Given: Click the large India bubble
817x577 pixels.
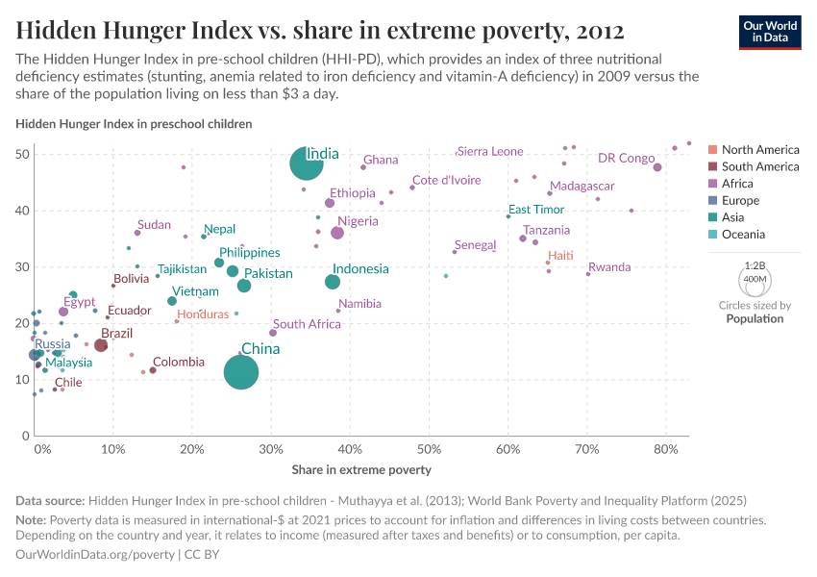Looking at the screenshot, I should point(306,163).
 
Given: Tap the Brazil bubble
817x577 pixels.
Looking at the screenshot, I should point(101,345).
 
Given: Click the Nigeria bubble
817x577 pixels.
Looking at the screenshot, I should point(337,233).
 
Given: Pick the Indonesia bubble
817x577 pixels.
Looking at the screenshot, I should point(333,282).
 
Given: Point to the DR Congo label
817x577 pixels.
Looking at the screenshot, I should point(626,158).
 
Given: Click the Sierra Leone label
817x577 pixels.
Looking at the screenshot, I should point(490,151).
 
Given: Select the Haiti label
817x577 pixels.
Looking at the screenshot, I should point(560,255).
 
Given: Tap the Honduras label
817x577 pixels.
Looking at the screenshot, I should point(204,314).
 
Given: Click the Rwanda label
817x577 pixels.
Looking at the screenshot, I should point(609,267).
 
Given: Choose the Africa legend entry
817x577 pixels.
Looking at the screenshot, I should point(739,184).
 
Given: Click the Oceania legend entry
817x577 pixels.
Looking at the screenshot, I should point(745,235).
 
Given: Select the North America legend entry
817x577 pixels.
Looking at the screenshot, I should point(759,149).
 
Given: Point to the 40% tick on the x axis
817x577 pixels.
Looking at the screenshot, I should point(350,449).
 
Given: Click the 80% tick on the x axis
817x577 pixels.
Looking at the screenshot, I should point(666,449).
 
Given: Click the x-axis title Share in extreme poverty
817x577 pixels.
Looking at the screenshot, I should point(361,470).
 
